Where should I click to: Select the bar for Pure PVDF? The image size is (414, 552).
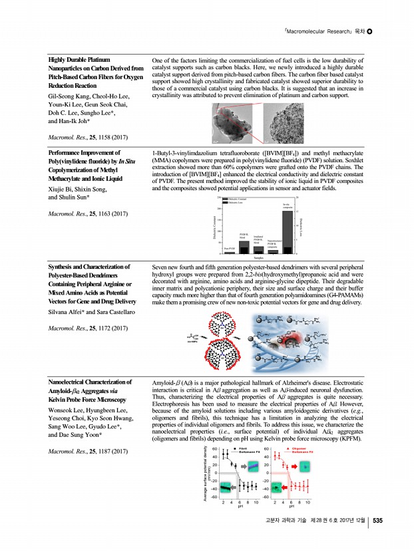pyautogui.click(x=230, y=253)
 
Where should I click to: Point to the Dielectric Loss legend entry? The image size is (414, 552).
pyautogui.click(x=231, y=202)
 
